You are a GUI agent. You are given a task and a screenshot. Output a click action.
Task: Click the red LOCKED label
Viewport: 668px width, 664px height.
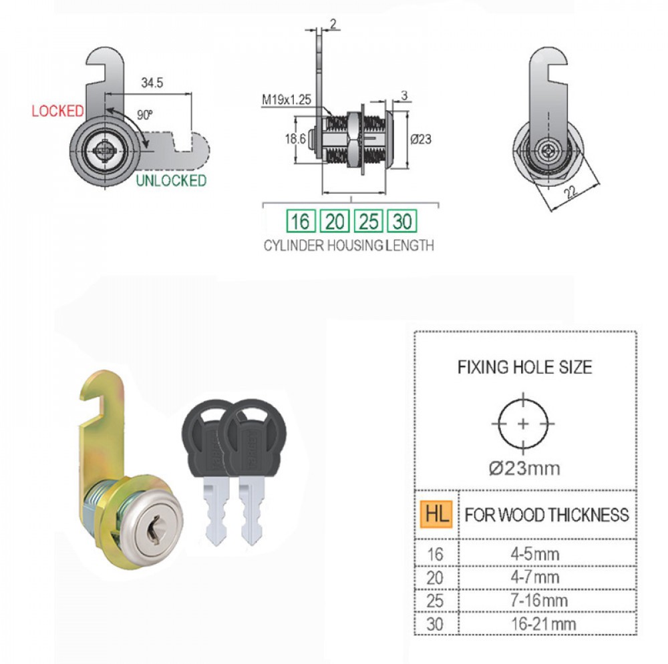pyautogui.click(x=57, y=111)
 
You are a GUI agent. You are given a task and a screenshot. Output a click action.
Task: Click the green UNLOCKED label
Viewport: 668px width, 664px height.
pyautogui.click(x=171, y=180)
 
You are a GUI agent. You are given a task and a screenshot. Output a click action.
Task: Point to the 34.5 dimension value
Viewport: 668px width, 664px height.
pyautogui.click(x=152, y=83)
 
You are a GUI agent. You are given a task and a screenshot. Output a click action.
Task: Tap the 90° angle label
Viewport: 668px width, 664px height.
pyautogui.click(x=145, y=115)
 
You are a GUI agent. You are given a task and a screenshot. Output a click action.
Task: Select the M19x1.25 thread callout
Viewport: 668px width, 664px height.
pyautogui.click(x=287, y=99)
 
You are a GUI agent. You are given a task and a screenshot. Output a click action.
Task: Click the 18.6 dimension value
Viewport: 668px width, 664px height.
pyautogui.click(x=295, y=139)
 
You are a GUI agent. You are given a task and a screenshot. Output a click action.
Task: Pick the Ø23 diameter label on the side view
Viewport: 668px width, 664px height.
pyautogui.click(x=421, y=139)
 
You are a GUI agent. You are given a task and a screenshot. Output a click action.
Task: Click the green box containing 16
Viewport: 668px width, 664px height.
pyautogui.click(x=301, y=221)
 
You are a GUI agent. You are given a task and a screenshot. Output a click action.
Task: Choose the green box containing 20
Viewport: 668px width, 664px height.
pyautogui.click(x=335, y=221)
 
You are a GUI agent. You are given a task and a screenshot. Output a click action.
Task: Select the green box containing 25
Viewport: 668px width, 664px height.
pyautogui.click(x=369, y=221)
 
